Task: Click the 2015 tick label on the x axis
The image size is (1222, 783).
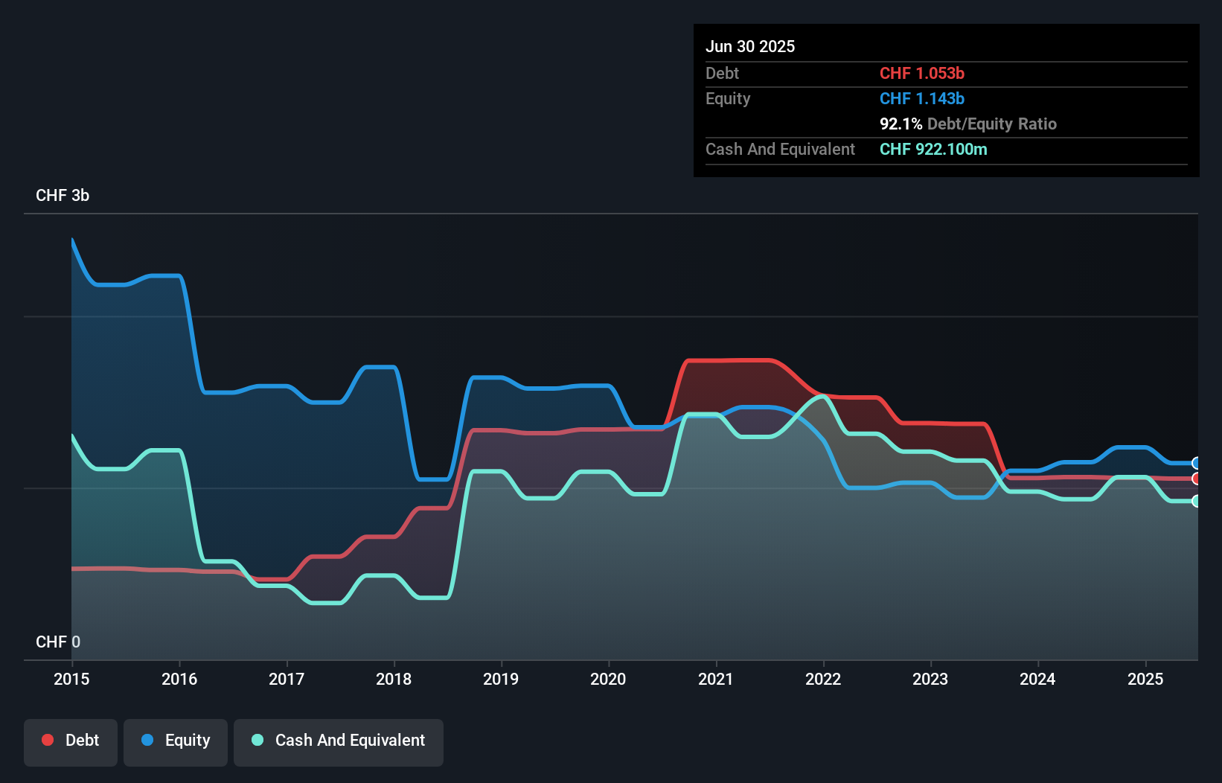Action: (x=71, y=679)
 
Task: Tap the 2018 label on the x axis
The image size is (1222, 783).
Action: (x=394, y=679)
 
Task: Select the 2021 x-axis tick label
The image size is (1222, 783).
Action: (x=716, y=679)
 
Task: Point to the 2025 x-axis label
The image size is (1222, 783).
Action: (x=1145, y=679)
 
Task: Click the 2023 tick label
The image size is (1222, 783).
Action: (x=930, y=679)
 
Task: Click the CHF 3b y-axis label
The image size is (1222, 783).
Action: (x=63, y=196)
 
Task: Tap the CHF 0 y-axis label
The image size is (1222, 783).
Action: (x=58, y=642)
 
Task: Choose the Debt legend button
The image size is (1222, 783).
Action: (x=71, y=741)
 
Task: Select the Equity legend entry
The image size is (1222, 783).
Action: (x=176, y=741)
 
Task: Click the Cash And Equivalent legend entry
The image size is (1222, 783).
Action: (x=339, y=741)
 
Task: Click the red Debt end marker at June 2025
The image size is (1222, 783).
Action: (x=1197, y=479)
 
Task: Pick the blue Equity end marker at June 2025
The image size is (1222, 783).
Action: (x=1197, y=463)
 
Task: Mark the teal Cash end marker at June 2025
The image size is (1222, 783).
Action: (x=1197, y=501)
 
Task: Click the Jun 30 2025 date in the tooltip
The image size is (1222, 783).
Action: (x=750, y=46)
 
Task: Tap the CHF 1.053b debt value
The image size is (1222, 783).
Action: (x=922, y=73)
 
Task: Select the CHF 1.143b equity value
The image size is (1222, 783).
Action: (x=922, y=98)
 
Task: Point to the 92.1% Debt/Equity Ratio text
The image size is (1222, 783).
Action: (x=967, y=124)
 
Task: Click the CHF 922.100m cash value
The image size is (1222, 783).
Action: (x=933, y=149)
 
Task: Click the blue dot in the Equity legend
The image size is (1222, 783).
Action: (x=147, y=740)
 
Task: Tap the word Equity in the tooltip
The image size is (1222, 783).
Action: (x=728, y=98)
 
